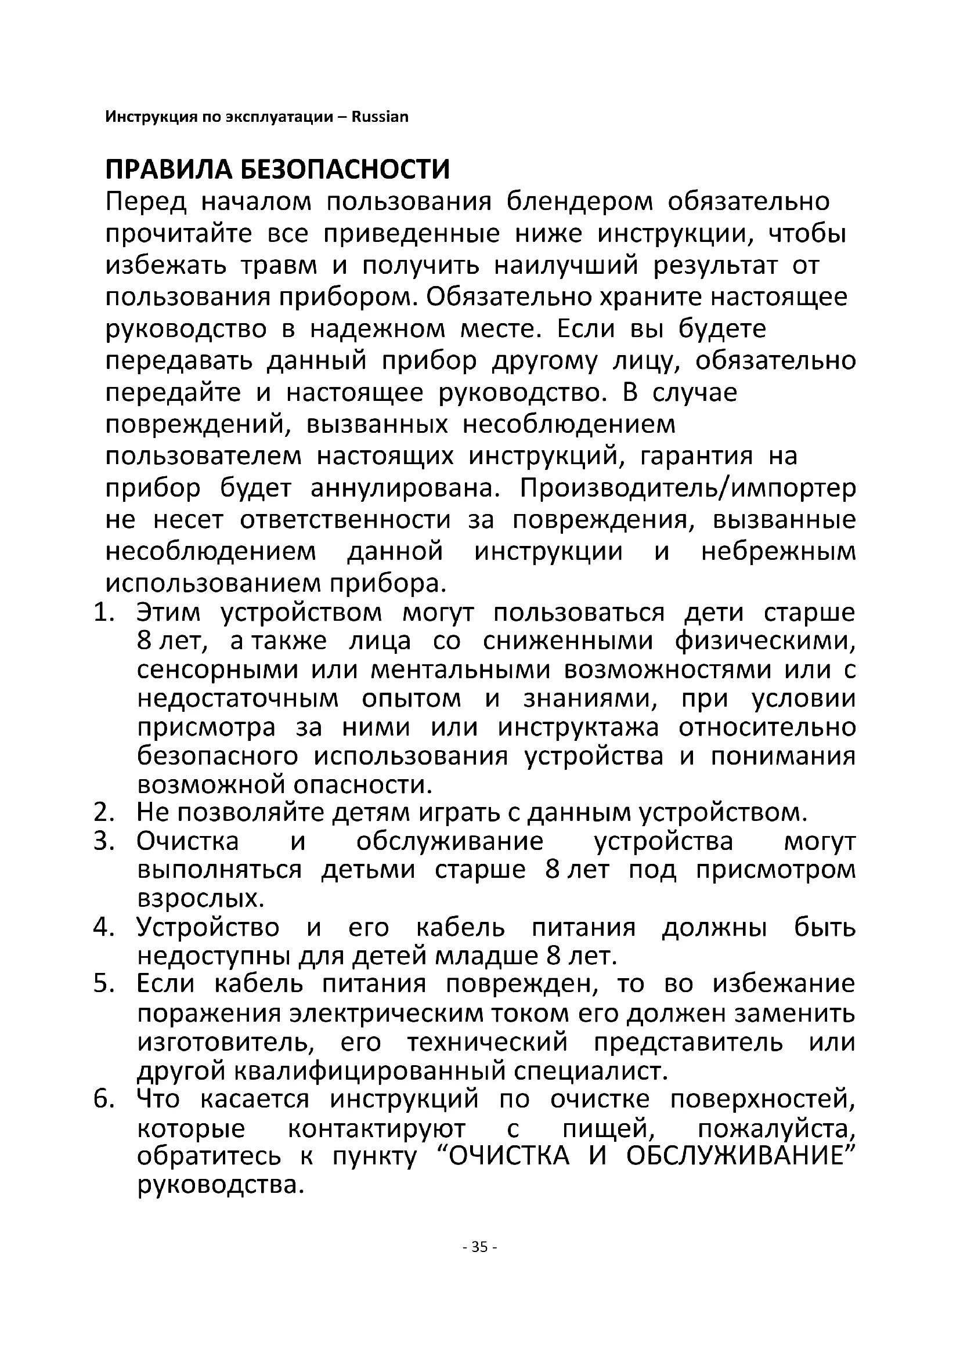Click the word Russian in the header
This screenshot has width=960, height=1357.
pyautogui.click(x=380, y=117)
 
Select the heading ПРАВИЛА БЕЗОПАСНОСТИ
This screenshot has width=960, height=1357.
pyautogui.click(x=277, y=169)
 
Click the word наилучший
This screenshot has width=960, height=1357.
pyautogui.click(x=566, y=265)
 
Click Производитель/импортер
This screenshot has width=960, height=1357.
pyautogui.click(x=687, y=487)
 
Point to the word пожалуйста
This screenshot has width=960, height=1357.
pyautogui.click(x=776, y=1129)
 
